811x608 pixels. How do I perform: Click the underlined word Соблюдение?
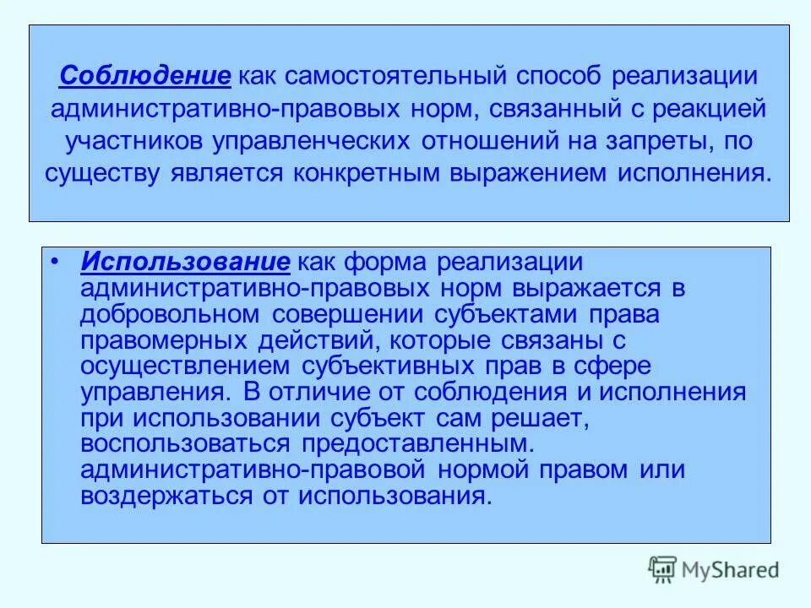coord(144,75)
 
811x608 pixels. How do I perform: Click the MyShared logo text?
coord(732,571)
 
